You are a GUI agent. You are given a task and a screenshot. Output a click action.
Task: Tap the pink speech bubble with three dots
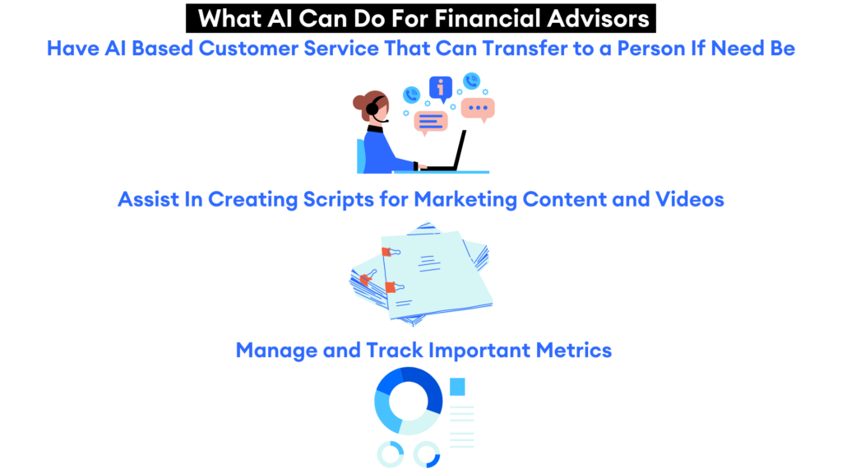coord(477,108)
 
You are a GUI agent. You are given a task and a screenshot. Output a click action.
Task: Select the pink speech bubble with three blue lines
coord(431,122)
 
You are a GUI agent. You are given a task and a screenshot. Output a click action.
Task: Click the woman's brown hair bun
coord(359,103)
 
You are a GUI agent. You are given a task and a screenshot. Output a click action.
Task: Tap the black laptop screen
coord(457,149)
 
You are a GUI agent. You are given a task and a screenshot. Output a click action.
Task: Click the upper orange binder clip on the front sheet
coord(386,251)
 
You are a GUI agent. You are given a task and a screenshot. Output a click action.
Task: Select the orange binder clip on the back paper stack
coord(366,279)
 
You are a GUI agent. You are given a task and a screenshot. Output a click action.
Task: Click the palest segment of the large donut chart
coord(419,422)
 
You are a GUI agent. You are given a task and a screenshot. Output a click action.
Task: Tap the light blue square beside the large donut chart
coord(457,386)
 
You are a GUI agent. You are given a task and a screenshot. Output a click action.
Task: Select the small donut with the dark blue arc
coord(428,453)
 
